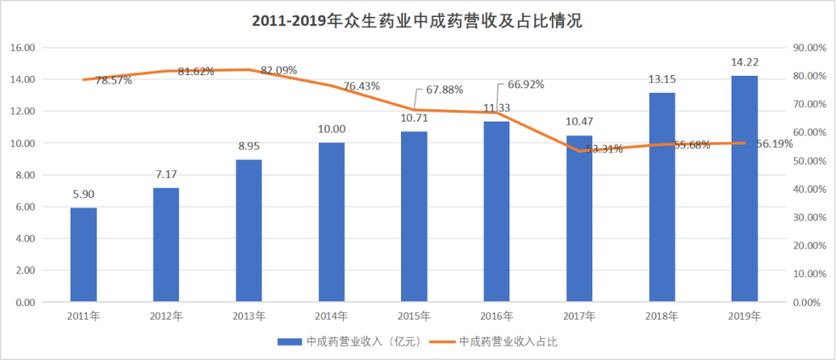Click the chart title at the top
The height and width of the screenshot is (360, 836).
(417, 21)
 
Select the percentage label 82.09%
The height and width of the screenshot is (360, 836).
(279, 70)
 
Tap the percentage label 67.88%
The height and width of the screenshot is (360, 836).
(444, 90)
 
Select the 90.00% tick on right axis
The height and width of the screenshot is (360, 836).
(810, 47)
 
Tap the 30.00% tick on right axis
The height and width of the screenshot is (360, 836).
(810, 218)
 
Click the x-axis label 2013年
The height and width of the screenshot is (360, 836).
(248, 316)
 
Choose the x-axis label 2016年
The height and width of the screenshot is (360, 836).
(497, 316)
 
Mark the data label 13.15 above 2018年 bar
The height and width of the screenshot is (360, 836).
(662, 80)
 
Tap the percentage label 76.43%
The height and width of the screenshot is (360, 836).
(361, 87)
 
